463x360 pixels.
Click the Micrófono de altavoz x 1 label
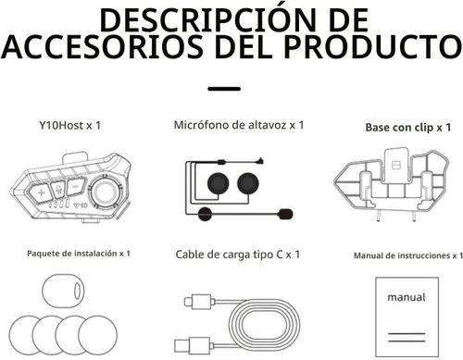[x=239, y=124]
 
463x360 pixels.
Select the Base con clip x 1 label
[x=407, y=125]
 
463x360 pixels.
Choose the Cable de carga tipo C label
[x=239, y=254]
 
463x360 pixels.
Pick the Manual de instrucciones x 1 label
[x=408, y=254]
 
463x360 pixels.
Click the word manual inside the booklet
[x=407, y=297]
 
